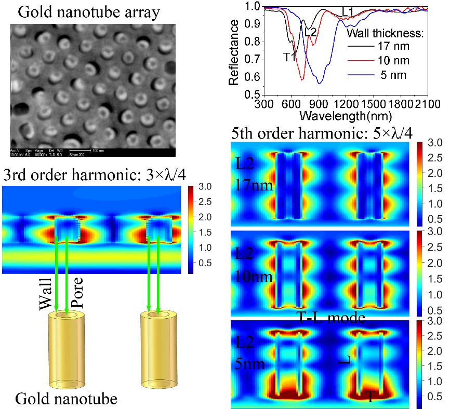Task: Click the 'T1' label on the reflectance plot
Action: [289, 57]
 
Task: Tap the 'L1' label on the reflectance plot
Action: [348, 11]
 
